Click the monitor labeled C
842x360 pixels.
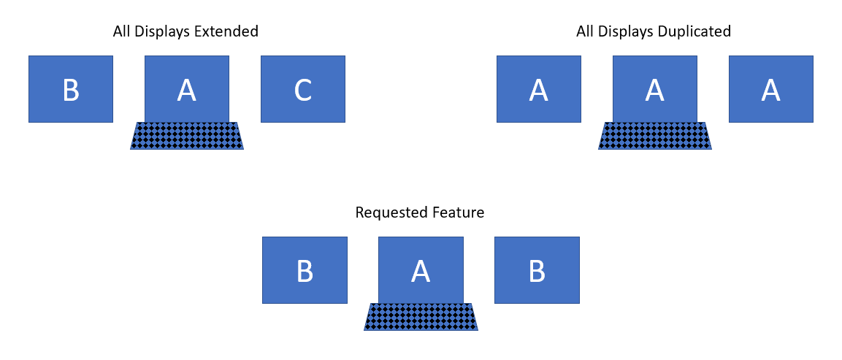point(302,89)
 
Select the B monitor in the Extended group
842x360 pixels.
point(71,89)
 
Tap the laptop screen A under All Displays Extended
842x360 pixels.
point(187,89)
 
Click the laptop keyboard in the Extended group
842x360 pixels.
point(187,136)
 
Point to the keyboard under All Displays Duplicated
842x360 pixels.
point(654,136)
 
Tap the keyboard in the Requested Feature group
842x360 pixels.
point(421,317)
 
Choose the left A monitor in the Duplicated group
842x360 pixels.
point(539,89)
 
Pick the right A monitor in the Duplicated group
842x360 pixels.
point(770,89)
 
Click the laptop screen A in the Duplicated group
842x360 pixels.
point(654,89)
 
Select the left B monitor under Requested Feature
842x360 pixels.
point(305,270)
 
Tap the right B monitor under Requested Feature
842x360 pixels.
point(537,270)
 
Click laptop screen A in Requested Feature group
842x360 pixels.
point(421,270)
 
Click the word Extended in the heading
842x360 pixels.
point(229,32)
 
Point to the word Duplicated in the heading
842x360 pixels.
point(694,32)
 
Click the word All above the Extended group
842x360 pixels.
point(122,32)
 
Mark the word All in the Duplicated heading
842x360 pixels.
point(585,32)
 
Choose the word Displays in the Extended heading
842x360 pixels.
point(166,32)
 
